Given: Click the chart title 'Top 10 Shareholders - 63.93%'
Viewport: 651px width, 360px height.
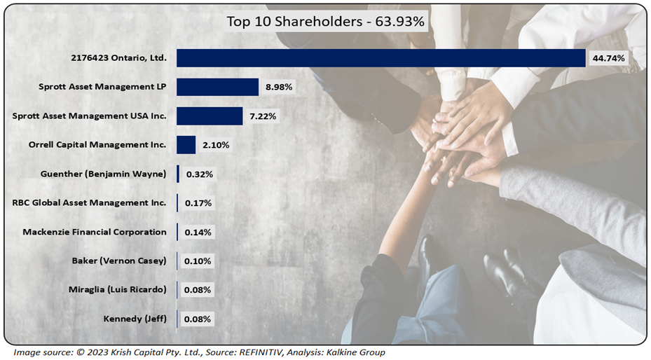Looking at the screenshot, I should (x=325, y=22).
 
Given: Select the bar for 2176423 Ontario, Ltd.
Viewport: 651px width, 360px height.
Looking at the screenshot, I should (x=381, y=58).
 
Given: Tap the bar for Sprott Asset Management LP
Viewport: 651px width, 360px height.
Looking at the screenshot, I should (x=217, y=87).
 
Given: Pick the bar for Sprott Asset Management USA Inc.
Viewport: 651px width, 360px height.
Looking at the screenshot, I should (x=210, y=116).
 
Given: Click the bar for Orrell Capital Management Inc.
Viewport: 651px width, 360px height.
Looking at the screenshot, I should (x=186, y=145).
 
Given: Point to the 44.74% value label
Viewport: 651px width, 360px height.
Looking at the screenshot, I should (x=608, y=58).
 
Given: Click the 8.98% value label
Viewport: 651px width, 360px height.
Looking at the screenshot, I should (x=279, y=87).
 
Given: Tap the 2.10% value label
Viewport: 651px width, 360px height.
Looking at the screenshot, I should (x=216, y=145).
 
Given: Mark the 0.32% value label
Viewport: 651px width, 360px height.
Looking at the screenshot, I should (x=199, y=174).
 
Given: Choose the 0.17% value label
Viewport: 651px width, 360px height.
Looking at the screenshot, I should (x=198, y=203).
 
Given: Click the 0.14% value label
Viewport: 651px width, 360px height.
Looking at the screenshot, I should (x=198, y=232).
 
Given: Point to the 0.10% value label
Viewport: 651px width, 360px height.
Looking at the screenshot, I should (x=198, y=261).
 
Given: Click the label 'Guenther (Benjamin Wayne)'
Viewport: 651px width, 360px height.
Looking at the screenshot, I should (x=104, y=174).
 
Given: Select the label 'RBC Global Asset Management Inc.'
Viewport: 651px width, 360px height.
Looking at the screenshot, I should (x=90, y=203).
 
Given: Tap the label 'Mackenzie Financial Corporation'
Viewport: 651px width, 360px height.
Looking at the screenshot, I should (x=95, y=232).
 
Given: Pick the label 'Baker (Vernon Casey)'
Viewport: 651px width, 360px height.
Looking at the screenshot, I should (x=119, y=261).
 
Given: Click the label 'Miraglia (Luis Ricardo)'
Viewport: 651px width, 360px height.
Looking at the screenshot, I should (x=118, y=289).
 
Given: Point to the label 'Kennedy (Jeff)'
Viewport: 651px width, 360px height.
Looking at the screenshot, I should (x=135, y=319).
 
